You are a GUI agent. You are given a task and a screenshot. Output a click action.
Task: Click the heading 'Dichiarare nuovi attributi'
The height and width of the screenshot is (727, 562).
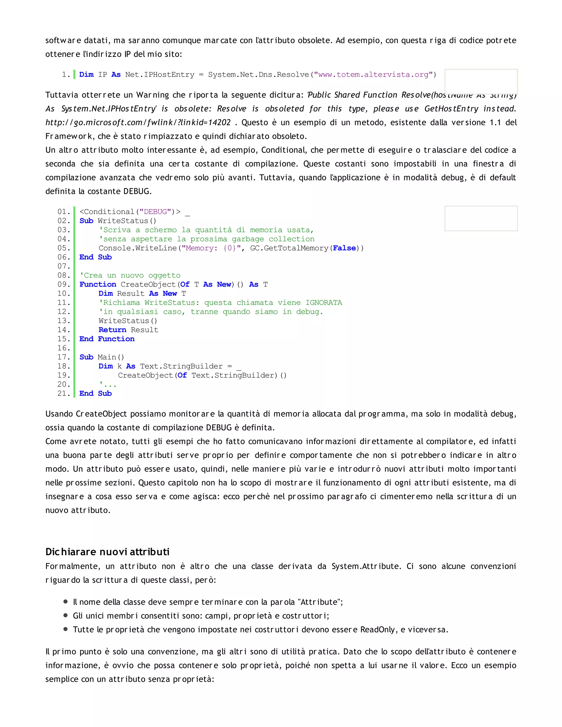[x=107, y=552]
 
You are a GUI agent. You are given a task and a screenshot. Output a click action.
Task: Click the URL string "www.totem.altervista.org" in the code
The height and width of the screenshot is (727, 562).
[x=373, y=75]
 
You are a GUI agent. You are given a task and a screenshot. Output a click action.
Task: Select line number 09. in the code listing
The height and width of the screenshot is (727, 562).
[x=64, y=284]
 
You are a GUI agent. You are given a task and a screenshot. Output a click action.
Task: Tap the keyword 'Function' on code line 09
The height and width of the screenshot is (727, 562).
[x=97, y=284]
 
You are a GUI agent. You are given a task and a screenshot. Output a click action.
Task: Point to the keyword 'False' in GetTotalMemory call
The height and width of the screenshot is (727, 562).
[x=344, y=248]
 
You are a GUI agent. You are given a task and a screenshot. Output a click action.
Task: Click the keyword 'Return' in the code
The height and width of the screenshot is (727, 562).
[x=112, y=330]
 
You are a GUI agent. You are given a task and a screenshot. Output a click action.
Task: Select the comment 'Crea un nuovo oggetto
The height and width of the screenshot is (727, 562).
[x=130, y=275]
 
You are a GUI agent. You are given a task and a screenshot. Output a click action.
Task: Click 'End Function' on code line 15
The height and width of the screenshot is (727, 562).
[x=107, y=339]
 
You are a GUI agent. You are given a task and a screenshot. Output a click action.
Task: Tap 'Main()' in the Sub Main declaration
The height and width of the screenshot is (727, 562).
[x=111, y=357]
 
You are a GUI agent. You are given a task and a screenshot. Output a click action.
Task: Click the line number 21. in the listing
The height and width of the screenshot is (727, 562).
[x=64, y=393]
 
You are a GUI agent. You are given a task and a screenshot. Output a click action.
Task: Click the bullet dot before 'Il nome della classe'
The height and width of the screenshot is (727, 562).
[x=65, y=602]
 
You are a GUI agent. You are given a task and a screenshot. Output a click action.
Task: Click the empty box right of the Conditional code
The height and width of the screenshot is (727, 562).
[x=481, y=218]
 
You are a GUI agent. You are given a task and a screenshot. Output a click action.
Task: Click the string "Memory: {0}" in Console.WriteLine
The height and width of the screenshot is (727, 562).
[x=211, y=248]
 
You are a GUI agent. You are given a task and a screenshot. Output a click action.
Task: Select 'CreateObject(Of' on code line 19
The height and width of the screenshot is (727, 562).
[x=152, y=376]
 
